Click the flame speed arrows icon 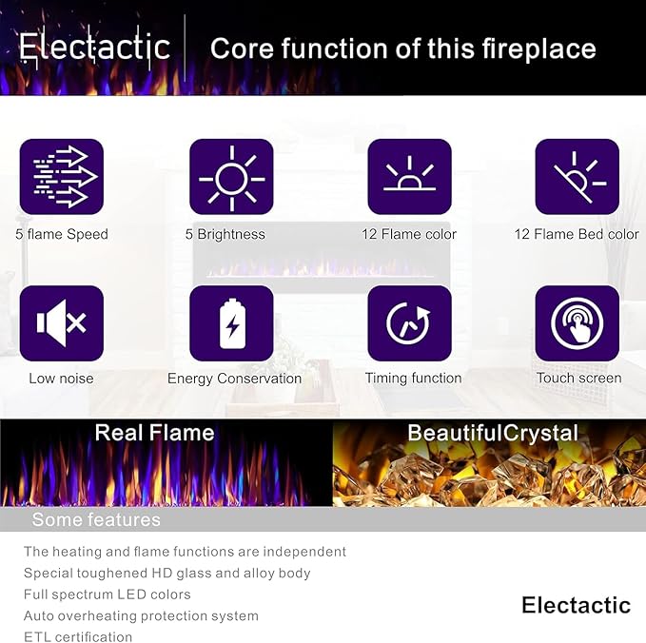pos(62,177)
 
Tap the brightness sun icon pos(231,177)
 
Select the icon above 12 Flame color pos(409,177)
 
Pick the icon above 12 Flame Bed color pos(577,177)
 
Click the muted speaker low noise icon pos(62,323)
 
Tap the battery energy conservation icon pos(231,323)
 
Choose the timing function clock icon pos(409,323)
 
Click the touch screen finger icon pos(577,323)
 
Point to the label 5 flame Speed pos(62,234)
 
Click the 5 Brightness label pos(225,234)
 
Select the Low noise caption pos(61,379)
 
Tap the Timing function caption pos(413,379)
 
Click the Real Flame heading pos(154,434)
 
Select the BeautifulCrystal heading pos(493,434)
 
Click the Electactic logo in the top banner pos(94,47)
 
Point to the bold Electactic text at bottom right pos(576,605)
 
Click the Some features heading pos(96,520)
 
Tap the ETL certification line pos(78,637)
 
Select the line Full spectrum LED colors pos(108,594)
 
